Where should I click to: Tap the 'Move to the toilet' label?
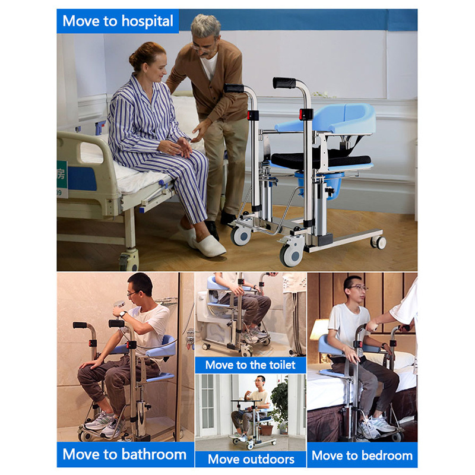[250, 365]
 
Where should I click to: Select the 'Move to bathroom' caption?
[124, 455]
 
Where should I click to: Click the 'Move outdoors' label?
[251, 459]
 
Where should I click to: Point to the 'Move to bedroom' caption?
[362, 455]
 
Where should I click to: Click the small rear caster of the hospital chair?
[378, 242]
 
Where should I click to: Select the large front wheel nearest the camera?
[292, 254]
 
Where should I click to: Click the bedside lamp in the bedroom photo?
[319, 330]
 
